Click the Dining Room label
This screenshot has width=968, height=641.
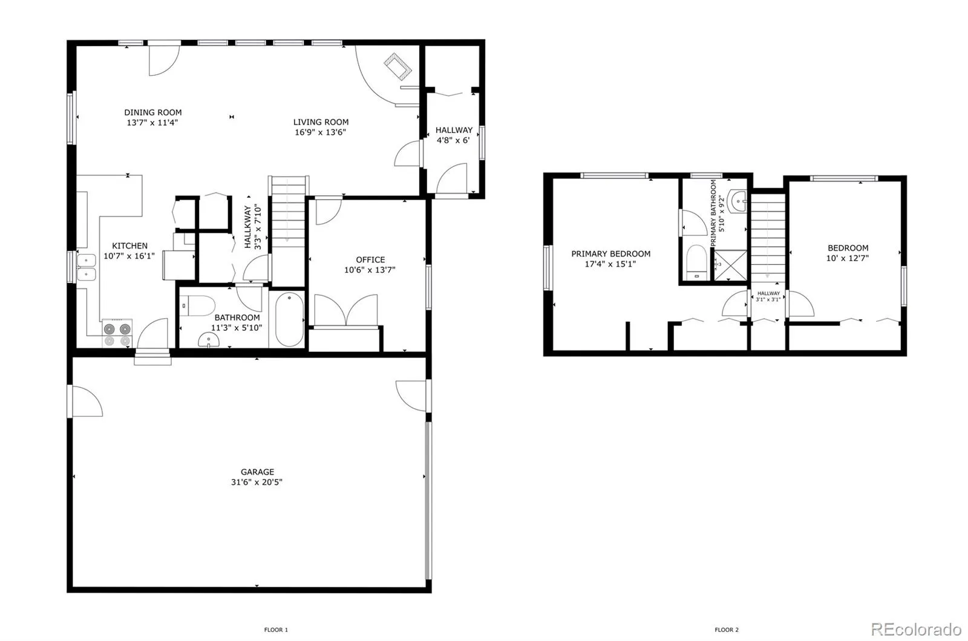pos(153,112)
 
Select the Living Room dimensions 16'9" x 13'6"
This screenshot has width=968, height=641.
pos(321,132)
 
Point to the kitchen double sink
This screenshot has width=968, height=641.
pos(87,267)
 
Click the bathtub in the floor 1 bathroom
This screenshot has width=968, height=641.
pos(289,319)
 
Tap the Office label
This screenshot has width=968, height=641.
pos(370,260)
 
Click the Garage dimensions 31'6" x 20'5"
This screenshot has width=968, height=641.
pos(258,483)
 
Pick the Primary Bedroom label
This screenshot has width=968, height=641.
pos(611,254)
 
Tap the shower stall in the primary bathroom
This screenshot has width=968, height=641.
pos(731,265)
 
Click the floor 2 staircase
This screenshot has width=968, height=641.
pos(768,236)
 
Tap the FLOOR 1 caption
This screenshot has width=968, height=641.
pos(276,630)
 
